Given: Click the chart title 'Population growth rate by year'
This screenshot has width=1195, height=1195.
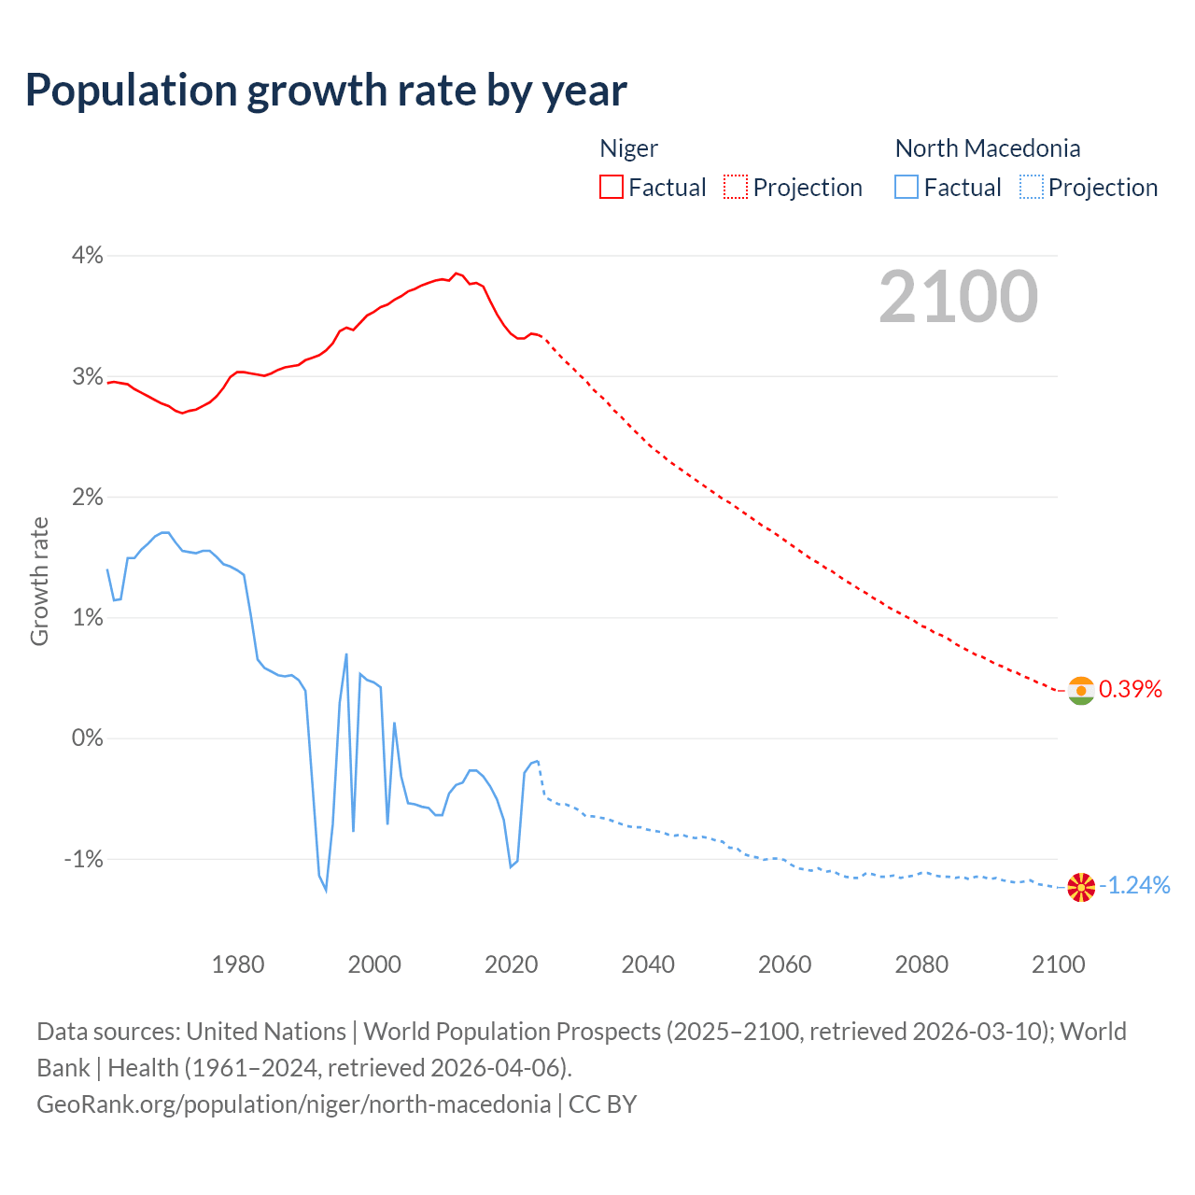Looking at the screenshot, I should coord(326,91).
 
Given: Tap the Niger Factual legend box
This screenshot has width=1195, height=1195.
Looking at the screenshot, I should coord(611,187).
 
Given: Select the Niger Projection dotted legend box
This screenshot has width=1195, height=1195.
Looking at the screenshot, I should coord(736,187).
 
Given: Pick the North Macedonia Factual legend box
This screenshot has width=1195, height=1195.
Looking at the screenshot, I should coord(907,187).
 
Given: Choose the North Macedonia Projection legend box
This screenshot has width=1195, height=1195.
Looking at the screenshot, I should coord(1032,187).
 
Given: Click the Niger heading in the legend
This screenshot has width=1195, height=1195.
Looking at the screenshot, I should coord(628,148).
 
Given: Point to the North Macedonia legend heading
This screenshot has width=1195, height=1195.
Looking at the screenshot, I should coord(988,148).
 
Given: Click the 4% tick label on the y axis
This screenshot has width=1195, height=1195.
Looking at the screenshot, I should coord(87,256).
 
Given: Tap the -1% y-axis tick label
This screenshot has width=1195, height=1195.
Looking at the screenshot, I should coord(83,859).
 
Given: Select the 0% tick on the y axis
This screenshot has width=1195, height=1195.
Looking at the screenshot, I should coord(87,738).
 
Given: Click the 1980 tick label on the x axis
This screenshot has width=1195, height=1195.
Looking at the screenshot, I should coord(238,964).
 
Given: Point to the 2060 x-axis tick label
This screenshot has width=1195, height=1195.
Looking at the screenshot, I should coord(785,964).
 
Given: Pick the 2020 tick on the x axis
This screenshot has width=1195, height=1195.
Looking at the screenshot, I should coord(512,964).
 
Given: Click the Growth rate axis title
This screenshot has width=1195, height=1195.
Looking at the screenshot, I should coord(39,581).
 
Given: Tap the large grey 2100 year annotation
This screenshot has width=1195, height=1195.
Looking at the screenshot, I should coord(958,297).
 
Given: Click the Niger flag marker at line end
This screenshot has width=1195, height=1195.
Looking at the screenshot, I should coord(1081,691).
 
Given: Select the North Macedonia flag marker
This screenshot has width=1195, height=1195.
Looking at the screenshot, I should coord(1081,887).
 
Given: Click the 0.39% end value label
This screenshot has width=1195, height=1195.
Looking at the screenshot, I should coord(1131,690).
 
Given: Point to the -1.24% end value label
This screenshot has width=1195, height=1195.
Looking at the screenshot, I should coord(1138,886).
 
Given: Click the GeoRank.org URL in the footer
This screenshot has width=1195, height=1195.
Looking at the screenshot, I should coord(293,1104).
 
